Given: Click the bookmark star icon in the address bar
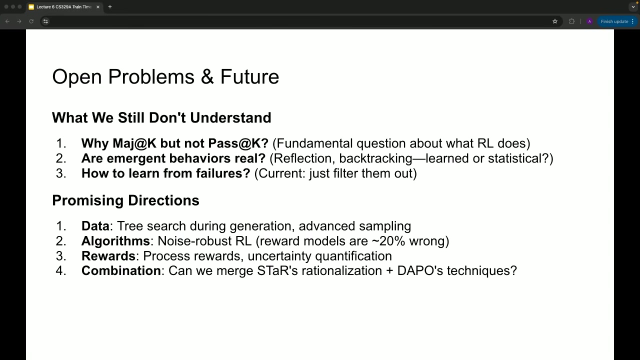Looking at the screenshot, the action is coord(555,21).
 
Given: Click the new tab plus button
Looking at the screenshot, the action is coord(109,7).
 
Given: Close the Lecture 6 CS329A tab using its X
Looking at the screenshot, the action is coord(98,7).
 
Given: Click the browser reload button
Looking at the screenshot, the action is coord(31,21).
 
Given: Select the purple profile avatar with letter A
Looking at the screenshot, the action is coord(589,21).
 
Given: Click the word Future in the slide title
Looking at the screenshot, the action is coord(249,76).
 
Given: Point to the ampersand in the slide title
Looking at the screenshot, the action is coord(207,76).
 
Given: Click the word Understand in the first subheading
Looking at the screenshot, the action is coord(230,117).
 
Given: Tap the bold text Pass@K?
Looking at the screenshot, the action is coord(238,143).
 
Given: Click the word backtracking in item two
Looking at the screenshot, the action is coord(375,158).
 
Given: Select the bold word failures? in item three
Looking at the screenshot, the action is coord(223,173).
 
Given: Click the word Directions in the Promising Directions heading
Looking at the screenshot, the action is coord(163,200).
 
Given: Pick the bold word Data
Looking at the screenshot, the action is coord(95,226).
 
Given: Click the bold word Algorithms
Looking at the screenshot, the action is coord(115,241).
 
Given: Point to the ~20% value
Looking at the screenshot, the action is coord(388,241).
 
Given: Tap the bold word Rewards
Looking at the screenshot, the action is coord(108,256).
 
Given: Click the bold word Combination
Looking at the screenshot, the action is coord(121,271).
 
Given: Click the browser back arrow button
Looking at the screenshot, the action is coord(7,21).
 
